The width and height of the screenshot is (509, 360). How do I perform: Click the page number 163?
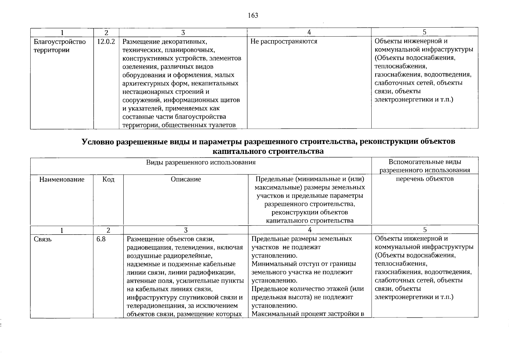pyautogui.click(x=253, y=16)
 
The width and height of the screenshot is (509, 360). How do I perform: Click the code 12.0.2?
pyautogui.click(x=106, y=42)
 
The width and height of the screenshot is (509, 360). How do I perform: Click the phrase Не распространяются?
pyautogui.click(x=284, y=42)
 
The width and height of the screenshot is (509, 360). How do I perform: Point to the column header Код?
pyautogui.click(x=108, y=179)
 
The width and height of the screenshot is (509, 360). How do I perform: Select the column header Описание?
pyautogui.click(x=186, y=179)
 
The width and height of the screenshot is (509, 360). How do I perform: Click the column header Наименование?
pyautogui.click(x=62, y=179)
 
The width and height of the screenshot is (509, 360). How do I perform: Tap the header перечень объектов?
pyautogui.click(x=425, y=179)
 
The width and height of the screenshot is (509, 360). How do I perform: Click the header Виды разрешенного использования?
pyautogui.click(x=201, y=162)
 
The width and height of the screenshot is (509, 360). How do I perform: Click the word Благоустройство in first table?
pyautogui.click(x=60, y=42)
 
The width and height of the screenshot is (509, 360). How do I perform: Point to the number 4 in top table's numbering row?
pyautogui.click(x=309, y=32)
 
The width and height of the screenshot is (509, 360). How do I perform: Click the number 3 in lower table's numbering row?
pyautogui.click(x=186, y=230)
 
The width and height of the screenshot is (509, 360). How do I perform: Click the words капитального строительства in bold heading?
pyautogui.click(x=268, y=151)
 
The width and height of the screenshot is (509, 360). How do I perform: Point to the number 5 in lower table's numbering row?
pyautogui.click(x=425, y=230)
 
